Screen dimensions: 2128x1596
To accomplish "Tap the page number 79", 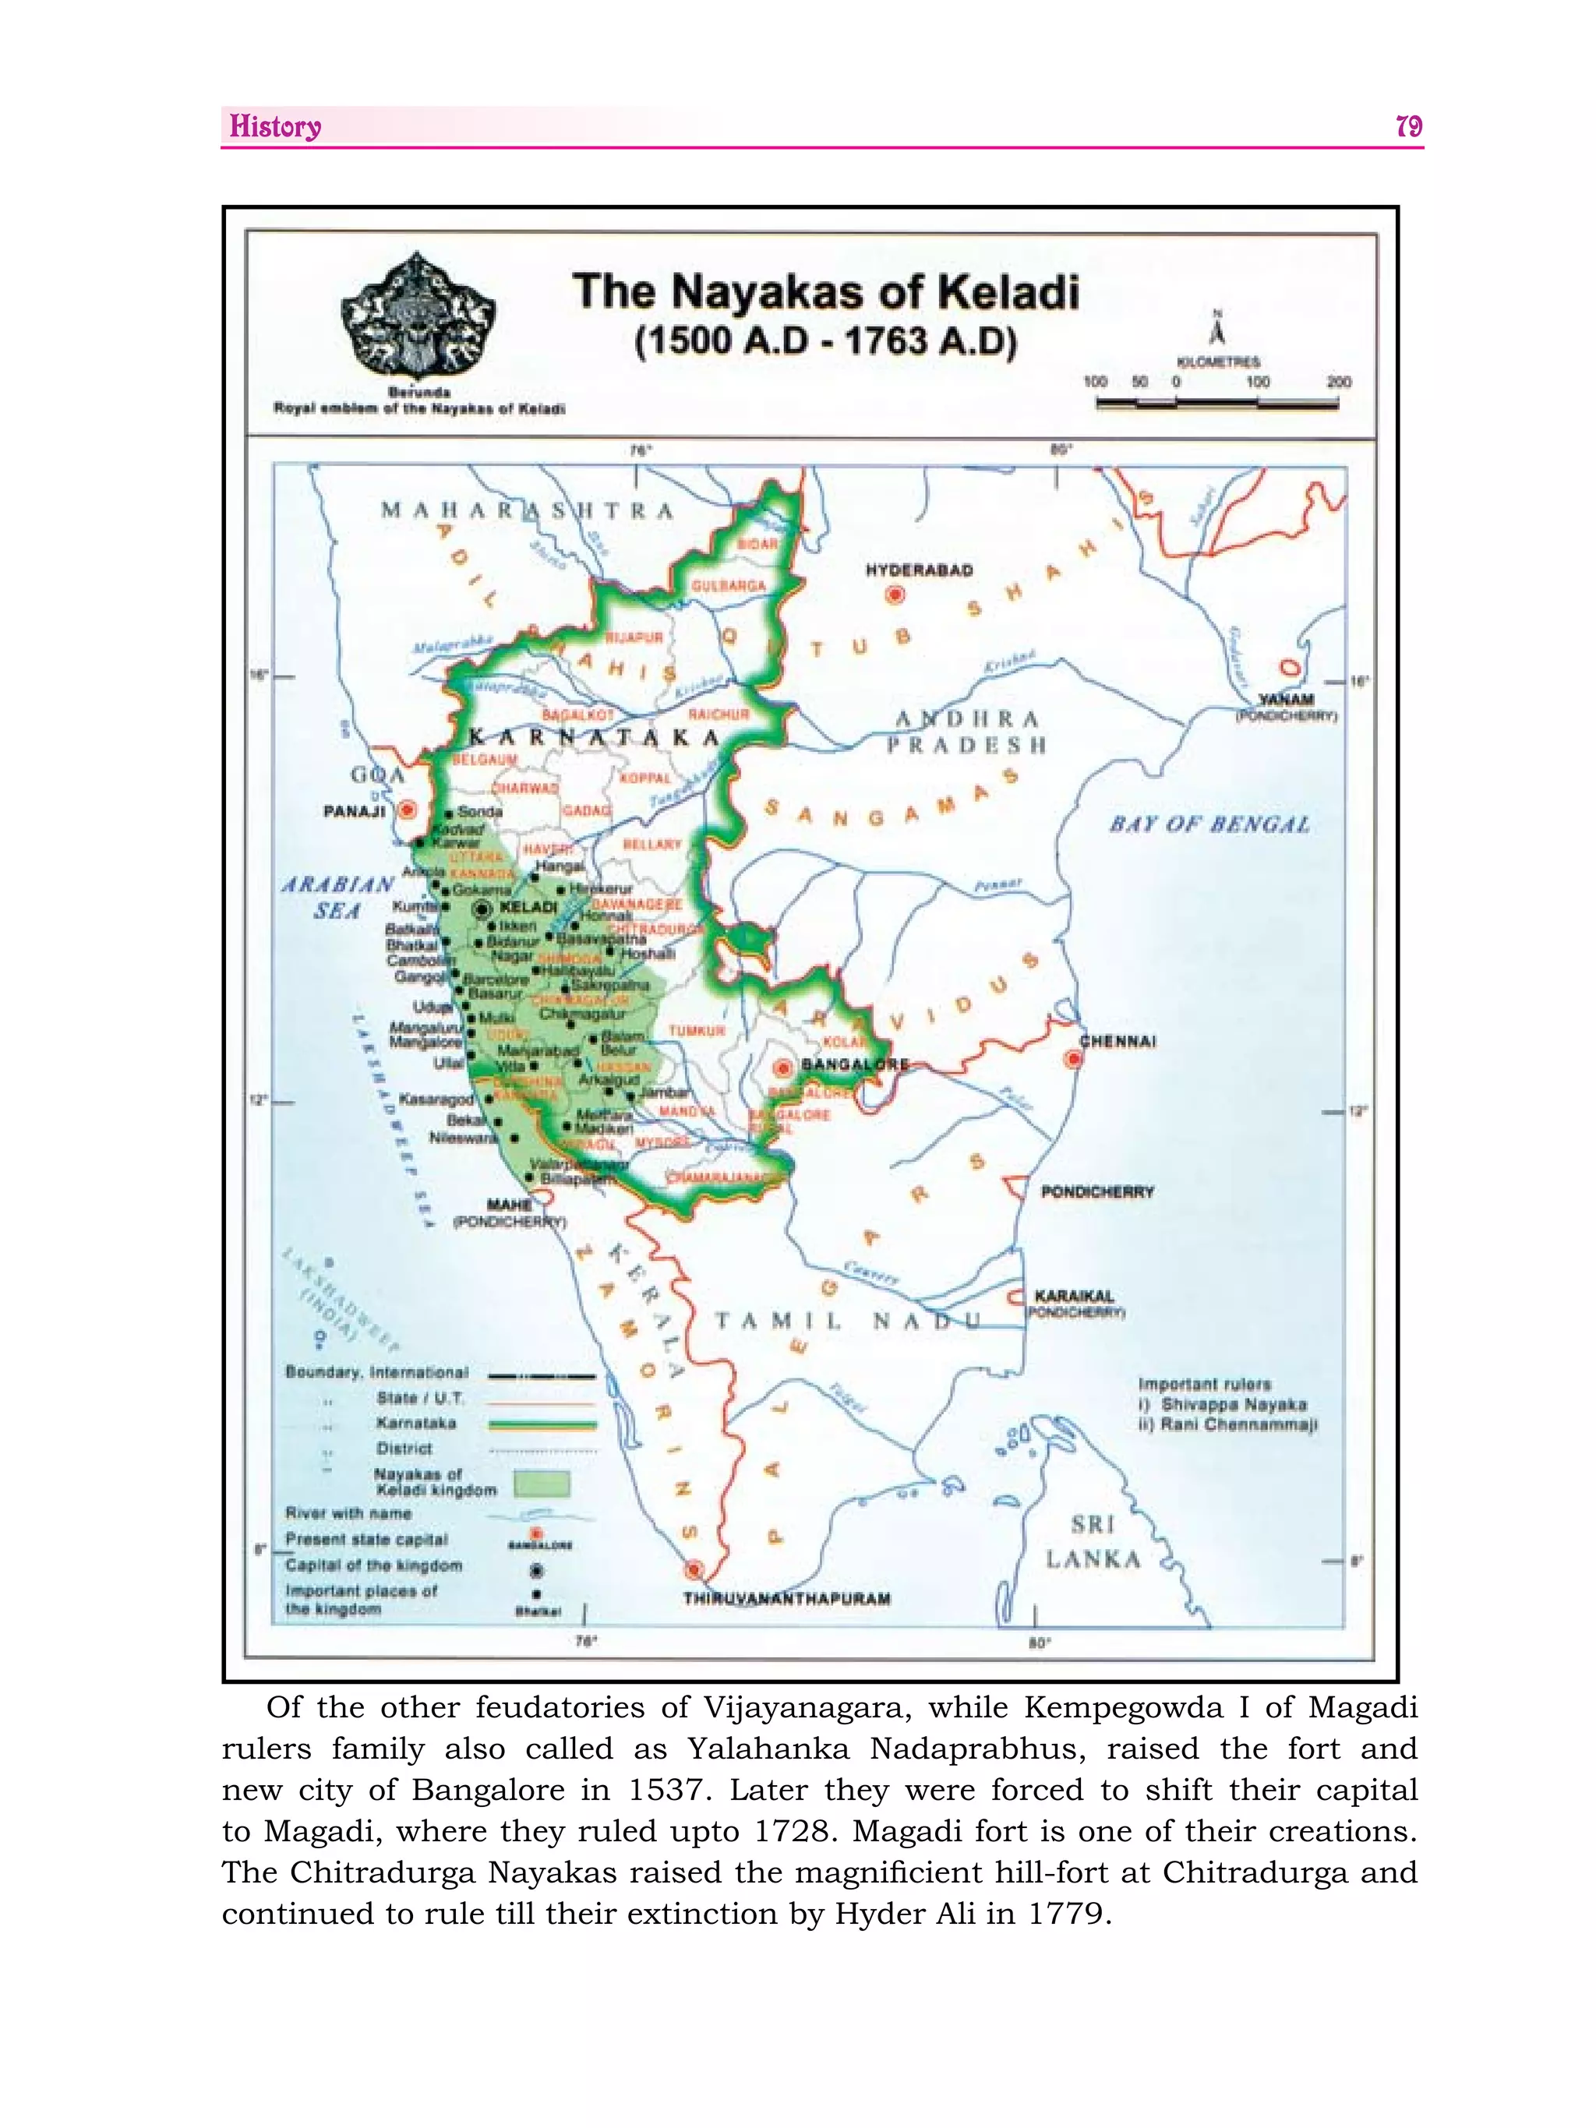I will click(1407, 127).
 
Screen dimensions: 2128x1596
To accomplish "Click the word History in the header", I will click(275, 127).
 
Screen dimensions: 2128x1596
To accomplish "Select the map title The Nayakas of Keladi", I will click(825, 291).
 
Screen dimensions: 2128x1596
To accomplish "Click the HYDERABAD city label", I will click(919, 570).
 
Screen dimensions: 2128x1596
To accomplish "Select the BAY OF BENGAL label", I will click(1209, 824).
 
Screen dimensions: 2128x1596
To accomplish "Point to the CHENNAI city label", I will click(1117, 1041).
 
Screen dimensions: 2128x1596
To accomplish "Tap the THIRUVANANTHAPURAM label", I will click(786, 1599).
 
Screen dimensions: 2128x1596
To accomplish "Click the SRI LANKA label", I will click(1093, 1541).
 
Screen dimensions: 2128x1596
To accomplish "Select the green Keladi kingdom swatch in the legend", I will click(542, 1483).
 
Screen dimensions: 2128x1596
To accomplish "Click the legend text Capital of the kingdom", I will click(373, 1565).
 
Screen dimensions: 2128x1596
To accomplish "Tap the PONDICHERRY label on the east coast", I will click(1096, 1192).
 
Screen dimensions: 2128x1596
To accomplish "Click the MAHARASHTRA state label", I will click(527, 511).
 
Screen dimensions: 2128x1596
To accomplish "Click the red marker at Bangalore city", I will click(784, 1067).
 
